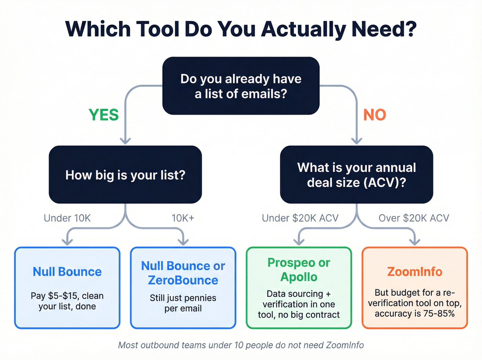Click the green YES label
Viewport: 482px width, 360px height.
click(x=104, y=115)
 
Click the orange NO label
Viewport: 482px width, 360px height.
click(x=375, y=115)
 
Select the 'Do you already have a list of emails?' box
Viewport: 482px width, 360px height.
click(x=241, y=86)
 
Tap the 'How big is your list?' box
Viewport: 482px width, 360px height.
click(x=125, y=175)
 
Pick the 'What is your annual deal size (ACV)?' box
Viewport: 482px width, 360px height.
click(x=356, y=175)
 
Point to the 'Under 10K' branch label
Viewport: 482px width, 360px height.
click(x=67, y=218)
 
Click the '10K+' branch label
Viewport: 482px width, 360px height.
click(x=183, y=218)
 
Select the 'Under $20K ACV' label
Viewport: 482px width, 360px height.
click(x=300, y=218)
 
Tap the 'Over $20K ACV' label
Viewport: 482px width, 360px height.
click(x=414, y=218)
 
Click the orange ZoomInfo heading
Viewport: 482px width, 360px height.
click(x=415, y=272)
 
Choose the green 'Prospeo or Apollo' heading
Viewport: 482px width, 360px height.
click(x=299, y=270)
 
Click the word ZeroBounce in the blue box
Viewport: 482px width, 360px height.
click(x=183, y=280)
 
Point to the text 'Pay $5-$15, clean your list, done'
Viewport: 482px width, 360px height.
click(x=67, y=301)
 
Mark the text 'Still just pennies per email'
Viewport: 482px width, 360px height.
click(x=183, y=303)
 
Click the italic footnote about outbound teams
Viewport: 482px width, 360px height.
click(x=241, y=345)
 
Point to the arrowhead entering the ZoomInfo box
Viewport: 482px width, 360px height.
click(x=415, y=242)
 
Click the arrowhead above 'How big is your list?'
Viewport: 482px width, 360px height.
click(x=125, y=141)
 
